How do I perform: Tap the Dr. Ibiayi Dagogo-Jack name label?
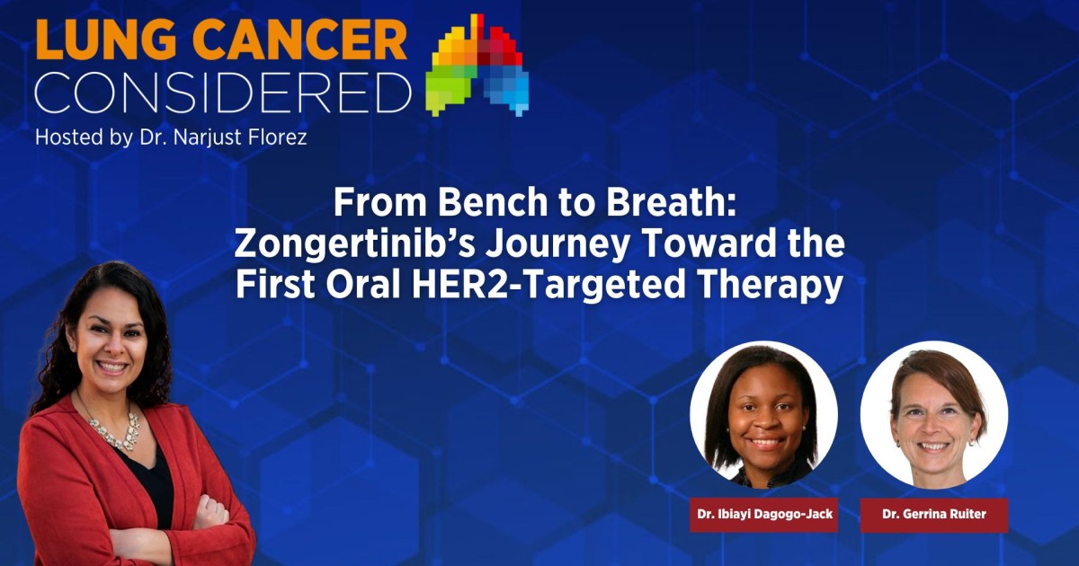[764, 515]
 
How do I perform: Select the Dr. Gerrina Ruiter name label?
[933, 515]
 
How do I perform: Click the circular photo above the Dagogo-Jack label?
[764, 414]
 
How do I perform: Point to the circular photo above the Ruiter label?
[933, 414]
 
